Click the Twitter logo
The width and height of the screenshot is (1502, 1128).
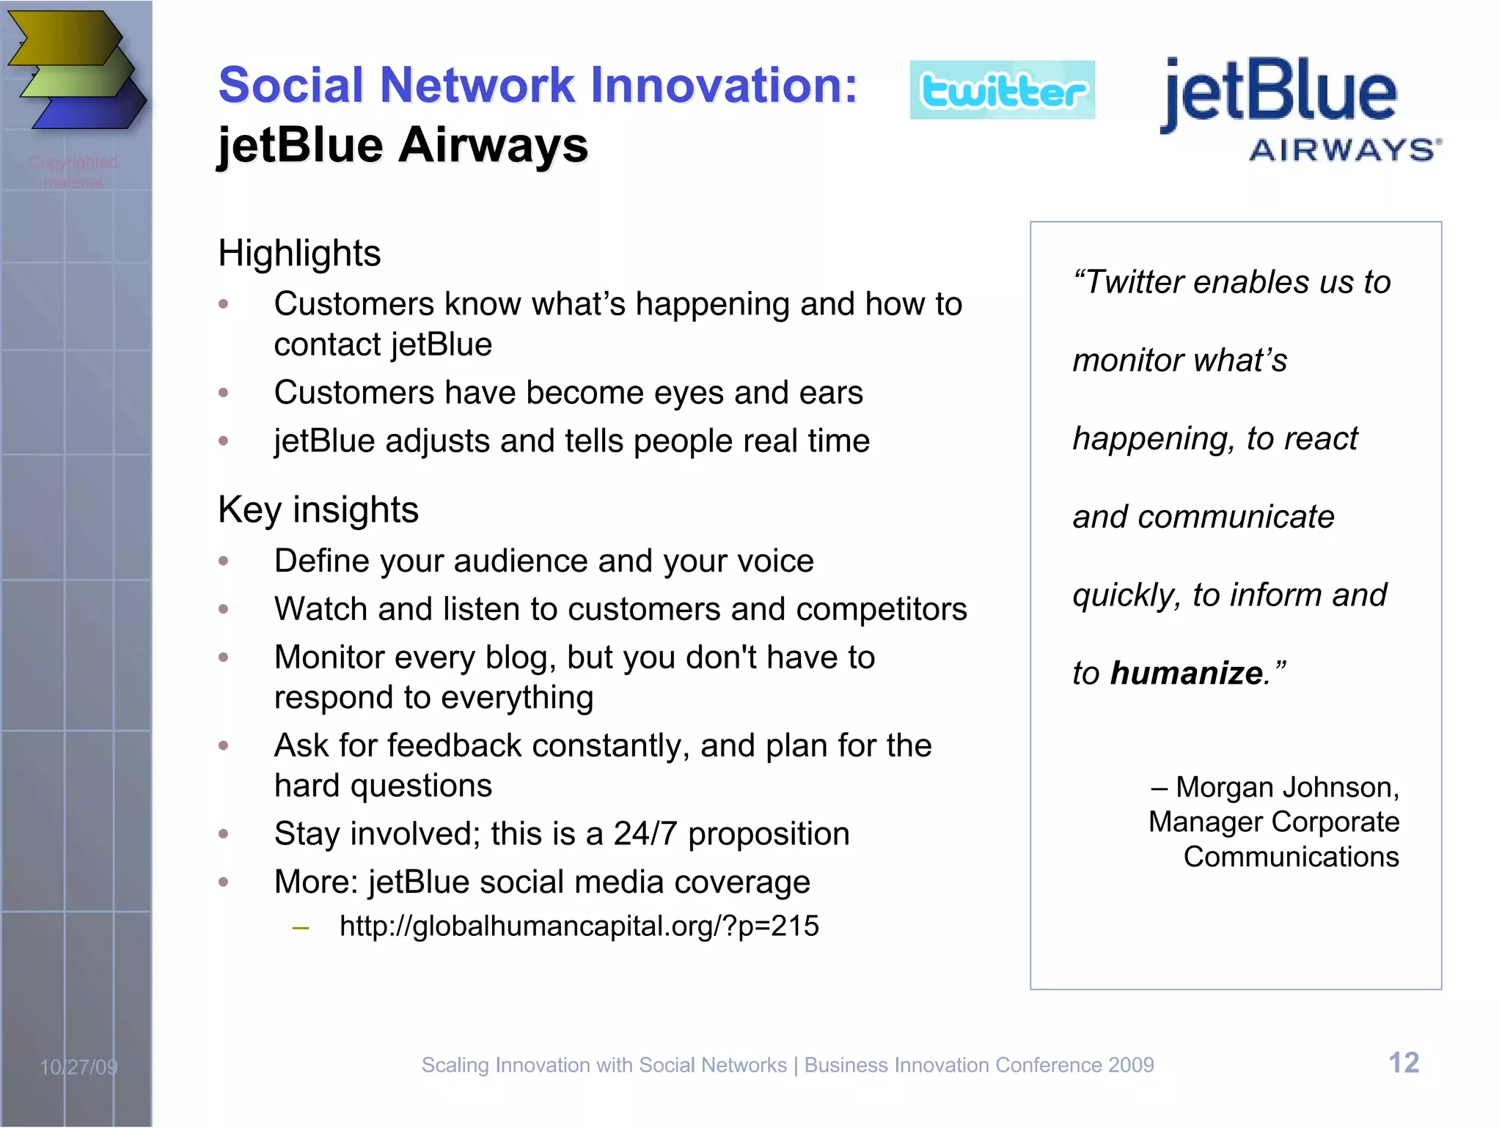click(1002, 90)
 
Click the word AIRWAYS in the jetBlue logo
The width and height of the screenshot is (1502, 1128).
click(1344, 150)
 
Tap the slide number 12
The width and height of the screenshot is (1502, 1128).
click(1404, 1063)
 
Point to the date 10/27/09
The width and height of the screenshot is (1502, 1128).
click(78, 1067)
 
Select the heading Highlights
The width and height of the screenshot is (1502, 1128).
click(299, 254)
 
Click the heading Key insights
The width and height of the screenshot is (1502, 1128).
click(318, 510)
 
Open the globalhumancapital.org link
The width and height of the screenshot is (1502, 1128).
click(579, 926)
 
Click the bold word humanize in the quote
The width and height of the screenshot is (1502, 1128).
click(1186, 673)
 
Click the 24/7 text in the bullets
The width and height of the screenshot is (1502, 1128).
click(645, 834)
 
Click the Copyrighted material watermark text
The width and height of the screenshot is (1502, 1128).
click(73, 172)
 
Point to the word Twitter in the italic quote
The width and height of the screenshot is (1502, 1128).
click(1135, 282)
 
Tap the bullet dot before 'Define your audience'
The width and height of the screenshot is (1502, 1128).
click(224, 561)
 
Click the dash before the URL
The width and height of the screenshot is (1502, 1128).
click(300, 928)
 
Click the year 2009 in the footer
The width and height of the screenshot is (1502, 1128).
click(1131, 1065)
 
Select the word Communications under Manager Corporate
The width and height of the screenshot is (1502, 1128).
click(1291, 857)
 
